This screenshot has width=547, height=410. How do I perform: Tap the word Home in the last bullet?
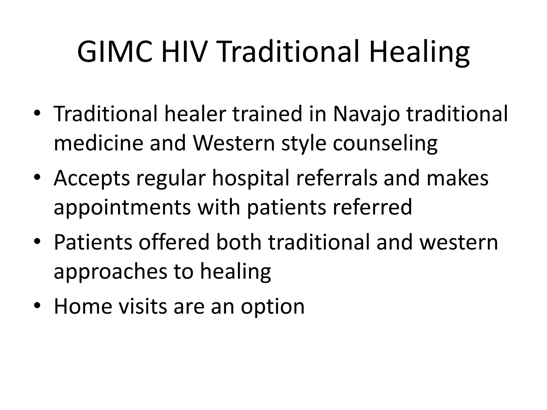point(83,306)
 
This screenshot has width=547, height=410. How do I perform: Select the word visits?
point(143,306)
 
